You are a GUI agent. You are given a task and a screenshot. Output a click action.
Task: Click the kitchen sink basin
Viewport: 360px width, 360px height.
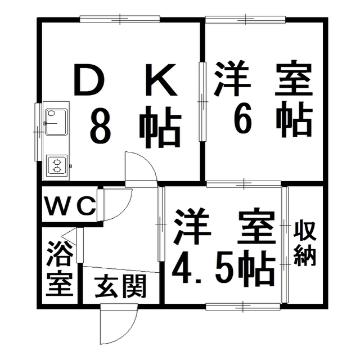pyautogui.click(x=56, y=122)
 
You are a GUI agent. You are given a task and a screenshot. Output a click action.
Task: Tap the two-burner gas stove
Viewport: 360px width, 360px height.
pyautogui.click(x=57, y=166)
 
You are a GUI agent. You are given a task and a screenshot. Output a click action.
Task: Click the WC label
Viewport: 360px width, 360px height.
pyautogui.click(x=70, y=206)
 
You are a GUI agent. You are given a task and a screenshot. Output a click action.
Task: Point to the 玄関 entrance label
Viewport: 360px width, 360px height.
pyautogui.click(x=120, y=286)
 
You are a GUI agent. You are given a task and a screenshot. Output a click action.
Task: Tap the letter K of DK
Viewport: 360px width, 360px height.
pyautogui.click(x=161, y=79)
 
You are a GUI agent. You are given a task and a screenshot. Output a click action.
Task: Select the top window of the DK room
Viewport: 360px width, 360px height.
pyautogui.click(x=120, y=19)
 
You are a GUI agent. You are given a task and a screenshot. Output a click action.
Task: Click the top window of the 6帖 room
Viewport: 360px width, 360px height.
pyautogui.click(x=245, y=20)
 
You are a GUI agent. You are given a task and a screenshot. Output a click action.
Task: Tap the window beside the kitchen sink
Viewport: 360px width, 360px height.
pyautogui.click(x=38, y=132)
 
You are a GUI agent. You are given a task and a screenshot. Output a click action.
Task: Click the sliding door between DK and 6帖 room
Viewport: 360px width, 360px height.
pyautogui.click(x=202, y=101)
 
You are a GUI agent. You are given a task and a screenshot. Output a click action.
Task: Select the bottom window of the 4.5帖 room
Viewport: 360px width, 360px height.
pyautogui.click(x=243, y=307)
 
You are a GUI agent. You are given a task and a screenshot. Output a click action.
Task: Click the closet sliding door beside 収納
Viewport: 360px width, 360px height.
pyautogui.click(x=285, y=245)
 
